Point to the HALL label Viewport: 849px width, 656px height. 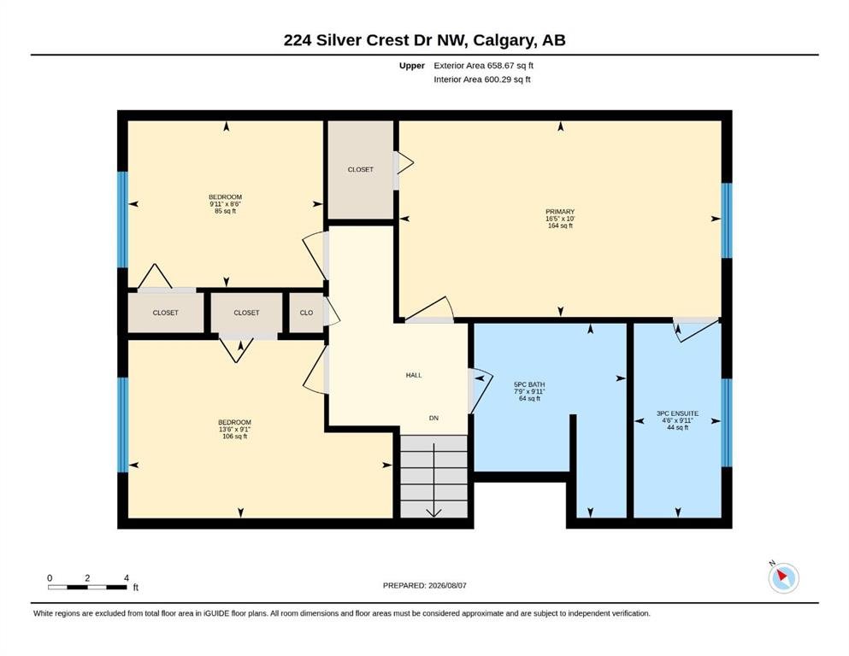[x=414, y=375]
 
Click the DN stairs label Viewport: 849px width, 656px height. [x=433, y=418]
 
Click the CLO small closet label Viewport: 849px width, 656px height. [x=306, y=313]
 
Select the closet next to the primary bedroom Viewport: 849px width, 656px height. [x=361, y=169]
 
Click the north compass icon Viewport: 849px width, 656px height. [x=783, y=577]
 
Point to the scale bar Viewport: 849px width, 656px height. [x=88, y=587]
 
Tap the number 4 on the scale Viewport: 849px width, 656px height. [x=127, y=577]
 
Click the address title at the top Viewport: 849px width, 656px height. [x=424, y=40]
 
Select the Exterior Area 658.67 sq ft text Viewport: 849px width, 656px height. [x=484, y=66]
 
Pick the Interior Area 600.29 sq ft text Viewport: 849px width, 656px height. [x=482, y=79]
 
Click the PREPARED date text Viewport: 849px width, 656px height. [x=424, y=585]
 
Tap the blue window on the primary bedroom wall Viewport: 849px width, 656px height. [x=727, y=220]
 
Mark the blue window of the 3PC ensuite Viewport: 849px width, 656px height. [x=727, y=422]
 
